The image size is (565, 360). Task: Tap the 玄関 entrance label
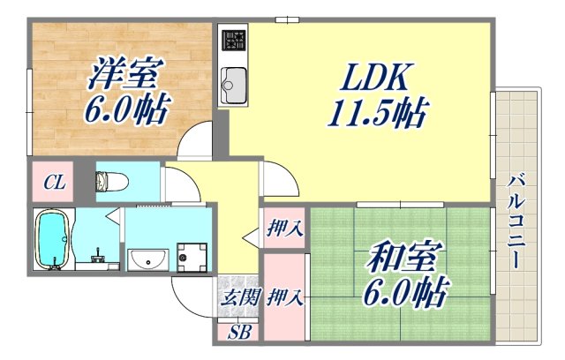(239, 297)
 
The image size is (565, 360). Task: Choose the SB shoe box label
(238, 333)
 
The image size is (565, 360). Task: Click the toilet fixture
(113, 182)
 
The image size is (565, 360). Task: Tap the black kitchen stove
(234, 42)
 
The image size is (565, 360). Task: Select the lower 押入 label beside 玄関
(284, 297)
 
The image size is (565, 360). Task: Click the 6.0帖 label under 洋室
(121, 111)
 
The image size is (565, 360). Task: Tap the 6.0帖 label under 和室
(406, 290)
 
